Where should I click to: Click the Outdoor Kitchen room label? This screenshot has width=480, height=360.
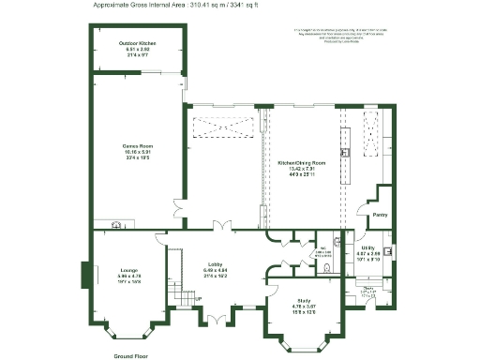[x=138, y=44]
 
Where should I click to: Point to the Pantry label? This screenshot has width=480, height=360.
[x=380, y=215]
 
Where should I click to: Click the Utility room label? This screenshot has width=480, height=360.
[x=367, y=247]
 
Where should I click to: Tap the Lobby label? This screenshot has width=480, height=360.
[x=217, y=264]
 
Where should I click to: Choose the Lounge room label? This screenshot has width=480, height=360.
[x=129, y=270]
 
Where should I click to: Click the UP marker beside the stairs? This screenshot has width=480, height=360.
[x=197, y=299]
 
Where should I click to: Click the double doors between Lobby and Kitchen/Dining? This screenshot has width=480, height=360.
[x=220, y=225]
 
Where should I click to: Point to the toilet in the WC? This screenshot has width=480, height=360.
[x=324, y=268]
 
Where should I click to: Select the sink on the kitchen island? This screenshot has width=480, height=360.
[x=345, y=151]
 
